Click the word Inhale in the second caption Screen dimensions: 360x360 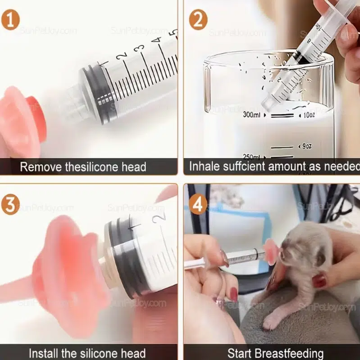(203, 166)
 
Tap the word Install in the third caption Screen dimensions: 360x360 (43, 353)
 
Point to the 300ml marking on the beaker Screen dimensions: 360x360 (251, 115)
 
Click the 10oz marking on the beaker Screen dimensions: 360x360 (309, 115)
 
